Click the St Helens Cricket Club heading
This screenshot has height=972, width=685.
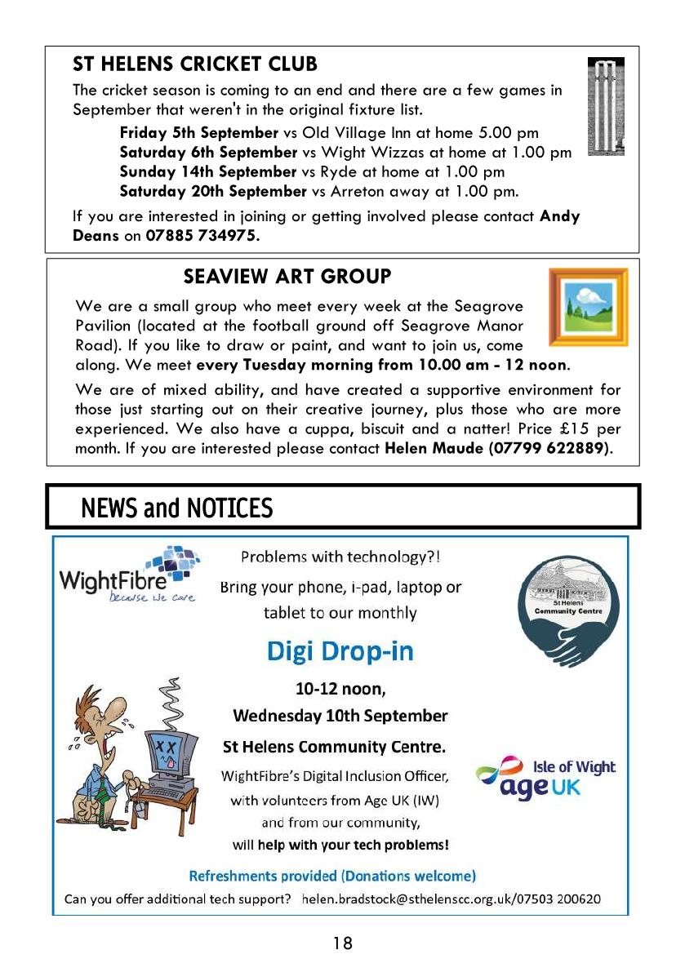pyautogui.click(x=195, y=64)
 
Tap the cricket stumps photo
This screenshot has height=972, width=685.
pyautogui.click(x=605, y=106)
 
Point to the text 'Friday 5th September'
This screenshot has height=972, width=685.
pyautogui.click(x=199, y=132)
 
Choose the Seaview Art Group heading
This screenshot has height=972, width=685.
pyautogui.click(x=287, y=277)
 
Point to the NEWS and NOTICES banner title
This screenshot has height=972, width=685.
pyautogui.click(x=176, y=508)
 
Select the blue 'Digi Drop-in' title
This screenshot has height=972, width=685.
pyautogui.click(x=340, y=651)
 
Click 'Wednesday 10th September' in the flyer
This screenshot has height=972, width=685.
pyautogui.click(x=340, y=716)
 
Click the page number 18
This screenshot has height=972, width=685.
pyautogui.click(x=343, y=943)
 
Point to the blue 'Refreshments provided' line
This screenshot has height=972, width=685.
pyautogui.click(x=332, y=876)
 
